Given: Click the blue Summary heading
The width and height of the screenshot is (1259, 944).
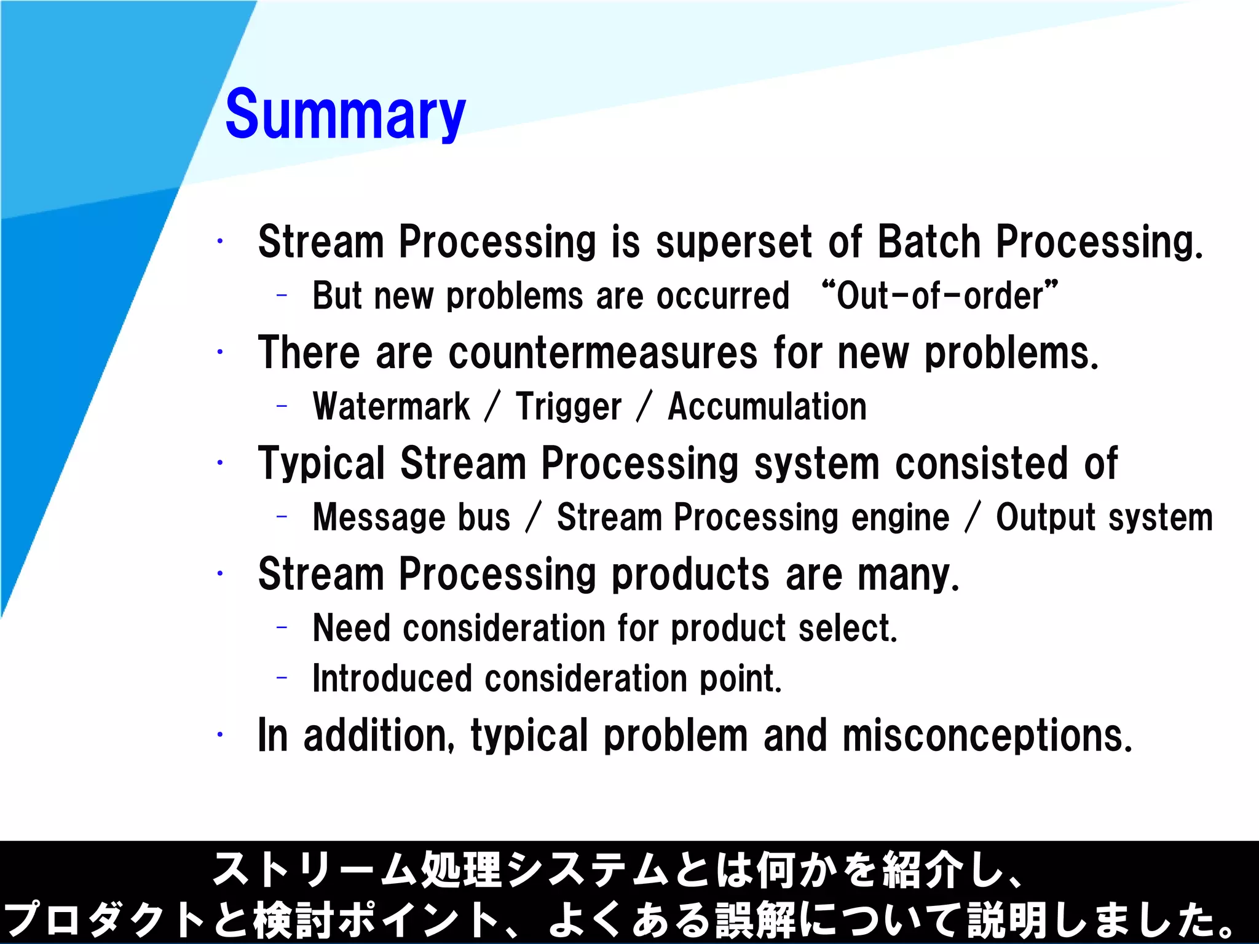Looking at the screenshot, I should pos(345,115).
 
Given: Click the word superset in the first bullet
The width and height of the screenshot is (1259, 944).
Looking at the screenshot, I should pos(734,242).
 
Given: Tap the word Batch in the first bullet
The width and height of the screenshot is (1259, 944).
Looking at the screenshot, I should pos(928,242).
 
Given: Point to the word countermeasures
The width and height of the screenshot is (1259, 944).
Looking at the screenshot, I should pos(603,353).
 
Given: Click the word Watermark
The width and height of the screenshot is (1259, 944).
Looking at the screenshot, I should pos(391,407).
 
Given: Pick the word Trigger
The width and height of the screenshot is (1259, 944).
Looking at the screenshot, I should pos(569,407).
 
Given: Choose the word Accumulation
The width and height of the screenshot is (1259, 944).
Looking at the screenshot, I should pos(767,407).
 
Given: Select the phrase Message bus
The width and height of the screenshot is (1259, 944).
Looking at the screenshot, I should pos(411,517).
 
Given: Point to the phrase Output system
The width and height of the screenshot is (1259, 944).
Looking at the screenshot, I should pos(1104,517).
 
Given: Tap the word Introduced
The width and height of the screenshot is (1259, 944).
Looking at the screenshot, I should pos(391,678).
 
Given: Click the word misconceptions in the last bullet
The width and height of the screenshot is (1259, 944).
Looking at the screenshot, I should pos(987,736).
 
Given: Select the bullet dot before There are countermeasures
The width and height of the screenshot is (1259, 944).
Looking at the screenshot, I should pos(219,352).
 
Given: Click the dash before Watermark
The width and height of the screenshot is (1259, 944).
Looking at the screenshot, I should pos(282,406).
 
